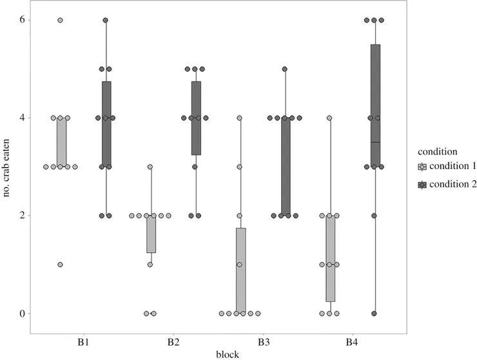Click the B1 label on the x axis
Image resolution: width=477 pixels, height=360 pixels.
click(x=83, y=340)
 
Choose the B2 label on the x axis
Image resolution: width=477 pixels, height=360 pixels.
click(x=173, y=340)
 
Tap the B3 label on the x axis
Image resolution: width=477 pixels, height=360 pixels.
click(x=263, y=340)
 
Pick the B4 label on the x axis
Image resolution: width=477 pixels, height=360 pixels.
click(x=353, y=340)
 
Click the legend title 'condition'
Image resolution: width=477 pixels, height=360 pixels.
click(x=438, y=152)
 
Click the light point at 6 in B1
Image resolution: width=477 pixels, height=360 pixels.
click(x=61, y=20)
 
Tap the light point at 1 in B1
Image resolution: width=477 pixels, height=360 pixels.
click(x=61, y=265)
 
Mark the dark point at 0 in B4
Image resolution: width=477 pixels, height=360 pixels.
click(x=375, y=314)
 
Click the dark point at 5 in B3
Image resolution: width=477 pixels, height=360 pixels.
click(x=285, y=69)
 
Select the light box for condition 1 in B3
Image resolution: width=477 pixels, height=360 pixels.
click(x=240, y=271)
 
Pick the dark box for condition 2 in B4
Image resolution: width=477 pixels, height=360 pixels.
click(x=375, y=105)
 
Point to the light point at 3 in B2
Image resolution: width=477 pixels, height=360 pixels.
click(x=150, y=167)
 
